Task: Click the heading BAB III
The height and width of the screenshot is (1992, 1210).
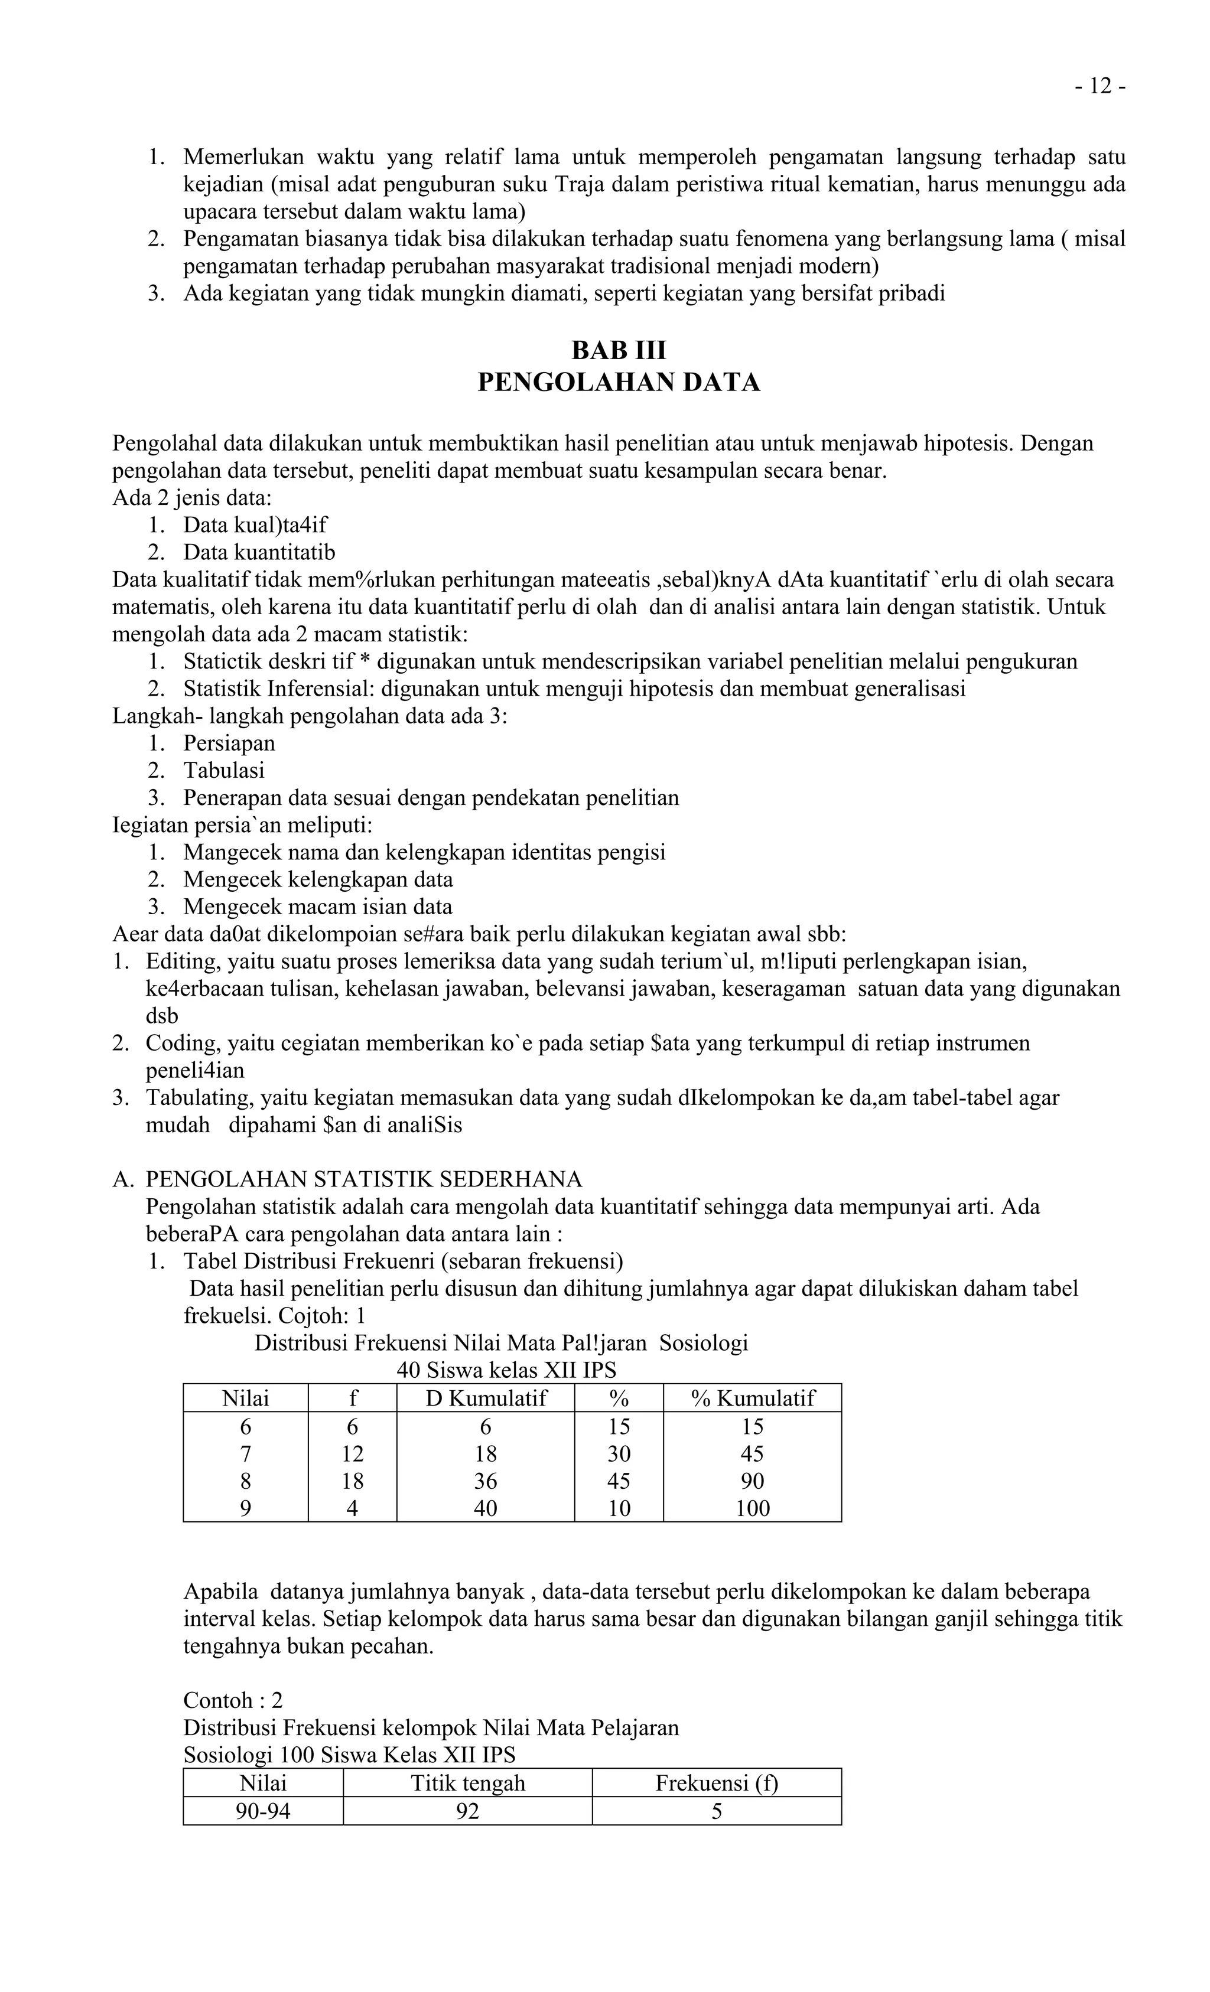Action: (x=619, y=350)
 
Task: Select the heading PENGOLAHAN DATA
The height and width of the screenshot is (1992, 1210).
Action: (x=619, y=382)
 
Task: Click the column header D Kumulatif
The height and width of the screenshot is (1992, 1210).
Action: (x=485, y=1398)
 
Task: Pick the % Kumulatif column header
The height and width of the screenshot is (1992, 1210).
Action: (x=752, y=1398)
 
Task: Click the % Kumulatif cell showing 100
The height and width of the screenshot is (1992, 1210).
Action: (x=752, y=1508)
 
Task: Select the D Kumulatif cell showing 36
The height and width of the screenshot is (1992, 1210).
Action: (x=485, y=1480)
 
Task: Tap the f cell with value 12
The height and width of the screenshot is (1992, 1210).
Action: (x=352, y=1453)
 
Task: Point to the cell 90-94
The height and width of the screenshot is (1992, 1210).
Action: (x=263, y=1811)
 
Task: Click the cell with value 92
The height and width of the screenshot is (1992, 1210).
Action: (x=467, y=1811)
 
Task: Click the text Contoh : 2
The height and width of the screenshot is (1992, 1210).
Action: (x=233, y=1700)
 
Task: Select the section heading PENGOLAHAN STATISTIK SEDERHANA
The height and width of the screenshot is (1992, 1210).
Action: (x=364, y=1179)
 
